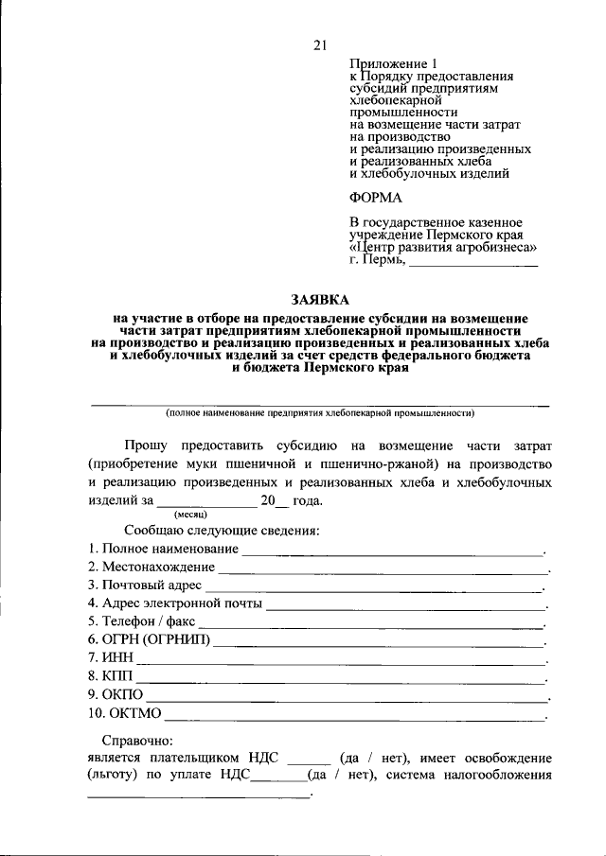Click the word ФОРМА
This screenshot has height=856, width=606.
(376, 198)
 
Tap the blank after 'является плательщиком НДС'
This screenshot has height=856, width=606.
(308, 759)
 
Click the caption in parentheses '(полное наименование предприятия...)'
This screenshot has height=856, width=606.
(319, 412)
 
